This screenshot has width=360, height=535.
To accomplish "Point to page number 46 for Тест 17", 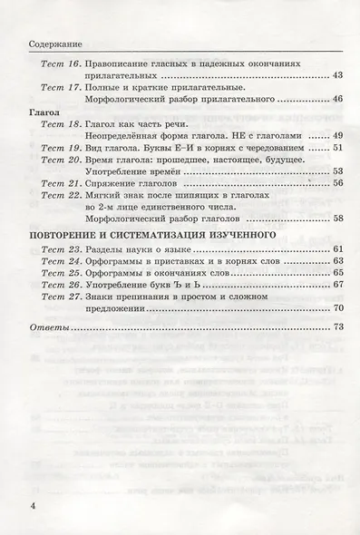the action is click(338, 99).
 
